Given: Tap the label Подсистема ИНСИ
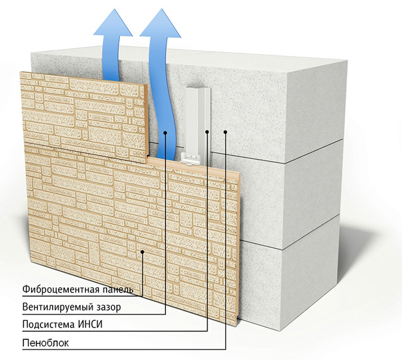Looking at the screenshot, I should tap(63, 324).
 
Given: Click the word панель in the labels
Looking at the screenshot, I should tap(116, 289).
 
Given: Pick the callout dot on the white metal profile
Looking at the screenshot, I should tap(207, 133).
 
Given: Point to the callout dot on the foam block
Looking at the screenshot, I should tap(224, 133).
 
